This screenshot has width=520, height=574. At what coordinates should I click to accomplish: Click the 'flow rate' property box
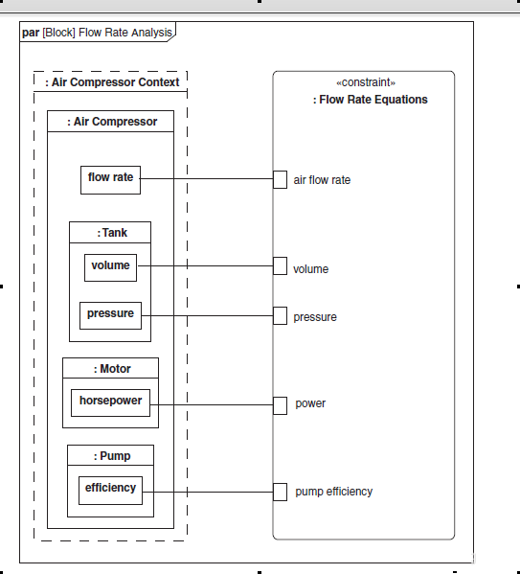point(110,180)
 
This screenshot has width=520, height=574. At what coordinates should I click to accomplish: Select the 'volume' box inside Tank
point(110,267)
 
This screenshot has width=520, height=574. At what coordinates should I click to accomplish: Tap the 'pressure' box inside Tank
point(110,315)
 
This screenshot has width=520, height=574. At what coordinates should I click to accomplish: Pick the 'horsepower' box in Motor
point(110,402)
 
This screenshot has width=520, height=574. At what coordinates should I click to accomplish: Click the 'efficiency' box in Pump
point(110,491)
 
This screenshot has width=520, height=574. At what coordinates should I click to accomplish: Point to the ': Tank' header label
point(112,233)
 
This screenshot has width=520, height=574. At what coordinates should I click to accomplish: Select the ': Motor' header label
point(112,369)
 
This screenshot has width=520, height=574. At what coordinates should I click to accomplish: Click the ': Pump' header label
point(112,456)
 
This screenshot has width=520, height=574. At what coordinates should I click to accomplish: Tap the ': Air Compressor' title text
point(112,121)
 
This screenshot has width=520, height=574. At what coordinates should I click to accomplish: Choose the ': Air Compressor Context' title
point(112,82)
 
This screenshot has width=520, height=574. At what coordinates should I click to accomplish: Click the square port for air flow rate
point(280,179)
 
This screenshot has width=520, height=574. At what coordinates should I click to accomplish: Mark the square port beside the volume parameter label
point(280,265)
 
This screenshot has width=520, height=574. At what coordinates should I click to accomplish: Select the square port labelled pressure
point(280,315)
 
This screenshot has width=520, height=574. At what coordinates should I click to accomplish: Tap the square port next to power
point(280,405)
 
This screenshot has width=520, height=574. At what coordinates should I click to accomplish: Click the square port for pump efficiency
point(280,492)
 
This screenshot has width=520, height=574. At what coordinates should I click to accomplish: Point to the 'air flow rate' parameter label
point(322,180)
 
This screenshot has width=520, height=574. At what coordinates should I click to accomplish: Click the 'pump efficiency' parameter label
point(334,492)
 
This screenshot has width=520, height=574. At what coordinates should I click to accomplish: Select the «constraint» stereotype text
point(366,82)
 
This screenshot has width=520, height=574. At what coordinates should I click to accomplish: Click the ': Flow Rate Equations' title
point(371,100)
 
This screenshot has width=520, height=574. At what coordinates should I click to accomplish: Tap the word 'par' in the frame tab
point(31,33)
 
